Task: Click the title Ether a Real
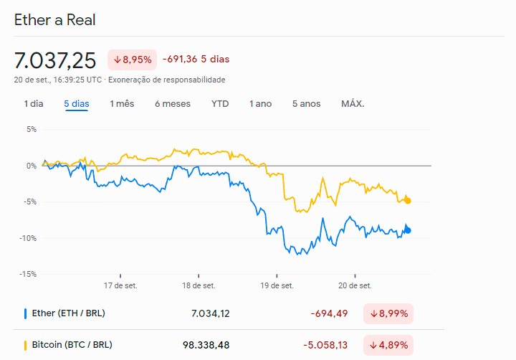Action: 55,19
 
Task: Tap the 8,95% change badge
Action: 132,60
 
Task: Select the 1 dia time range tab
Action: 34,104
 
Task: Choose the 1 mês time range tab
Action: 122,104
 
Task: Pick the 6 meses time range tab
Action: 173,104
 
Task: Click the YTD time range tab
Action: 220,104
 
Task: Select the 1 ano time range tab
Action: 261,104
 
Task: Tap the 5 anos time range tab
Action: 307,104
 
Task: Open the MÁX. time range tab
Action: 353,104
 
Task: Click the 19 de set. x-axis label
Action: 277,285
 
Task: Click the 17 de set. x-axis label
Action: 120,285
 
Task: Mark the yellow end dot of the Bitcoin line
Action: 408,200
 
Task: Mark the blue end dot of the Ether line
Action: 408,230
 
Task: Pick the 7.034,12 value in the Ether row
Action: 211,313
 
